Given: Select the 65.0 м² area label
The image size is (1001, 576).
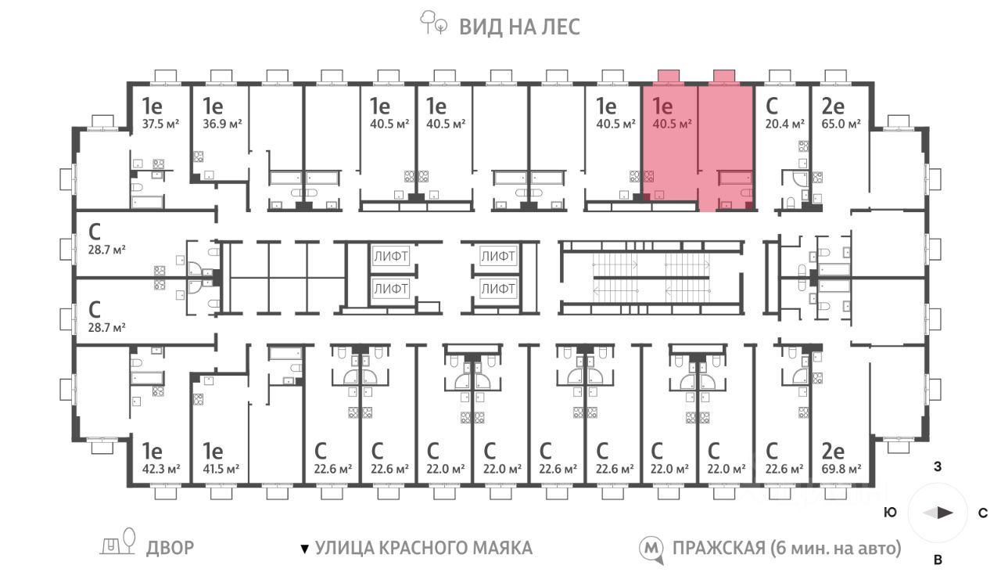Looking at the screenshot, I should pos(841,123).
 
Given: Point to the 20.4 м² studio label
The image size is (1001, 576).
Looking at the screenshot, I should pos(784,123).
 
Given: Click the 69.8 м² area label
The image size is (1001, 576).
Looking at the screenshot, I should pos(841,469).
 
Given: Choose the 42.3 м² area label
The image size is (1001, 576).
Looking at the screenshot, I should pos(161,469).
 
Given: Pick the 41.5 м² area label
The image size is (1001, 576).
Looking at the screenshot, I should pos(222,469).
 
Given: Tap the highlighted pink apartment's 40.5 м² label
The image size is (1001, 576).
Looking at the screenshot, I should pos(670,123).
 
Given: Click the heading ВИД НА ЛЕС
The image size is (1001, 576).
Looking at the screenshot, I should pos(519,27).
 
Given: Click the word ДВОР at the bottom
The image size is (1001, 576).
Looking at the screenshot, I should pos(170,548).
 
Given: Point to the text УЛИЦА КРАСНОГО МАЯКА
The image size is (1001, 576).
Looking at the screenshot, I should pos(423,548).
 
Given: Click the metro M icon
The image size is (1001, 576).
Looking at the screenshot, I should pos(650,549).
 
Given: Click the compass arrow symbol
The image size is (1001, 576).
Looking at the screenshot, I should pos(938,513).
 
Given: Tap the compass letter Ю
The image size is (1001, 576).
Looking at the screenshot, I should pos(890,514).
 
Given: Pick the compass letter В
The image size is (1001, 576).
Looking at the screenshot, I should pos(937,559).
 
